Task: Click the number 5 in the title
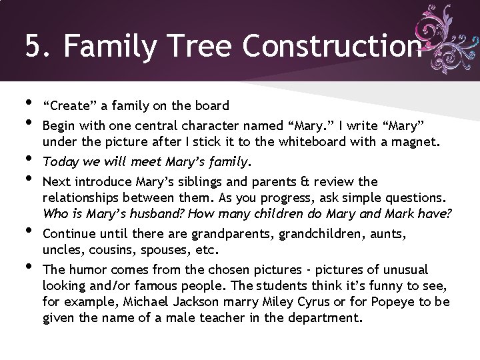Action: coord(33,47)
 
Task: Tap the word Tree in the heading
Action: coord(204,47)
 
